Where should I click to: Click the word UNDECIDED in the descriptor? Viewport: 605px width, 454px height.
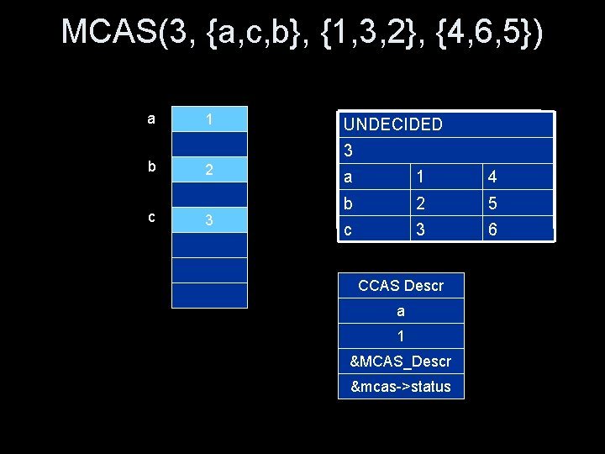(392, 124)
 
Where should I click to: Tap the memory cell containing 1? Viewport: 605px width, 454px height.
(210, 119)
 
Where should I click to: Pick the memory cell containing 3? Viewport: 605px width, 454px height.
(210, 220)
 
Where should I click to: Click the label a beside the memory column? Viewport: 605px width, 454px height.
(150, 119)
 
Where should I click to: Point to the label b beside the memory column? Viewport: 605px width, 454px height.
(150, 166)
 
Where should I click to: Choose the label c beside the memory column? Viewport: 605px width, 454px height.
(150, 216)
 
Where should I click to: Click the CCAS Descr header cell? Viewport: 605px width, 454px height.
(401, 286)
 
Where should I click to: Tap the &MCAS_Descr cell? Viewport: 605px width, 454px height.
(401, 362)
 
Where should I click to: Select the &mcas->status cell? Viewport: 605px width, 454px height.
(401, 387)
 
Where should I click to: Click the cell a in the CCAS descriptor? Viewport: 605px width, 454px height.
(401, 311)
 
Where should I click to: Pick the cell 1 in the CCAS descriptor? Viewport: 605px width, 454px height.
(401, 336)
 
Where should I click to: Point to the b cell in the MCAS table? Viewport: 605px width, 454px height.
(348, 203)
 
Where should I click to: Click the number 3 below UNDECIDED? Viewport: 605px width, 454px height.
(348, 151)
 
